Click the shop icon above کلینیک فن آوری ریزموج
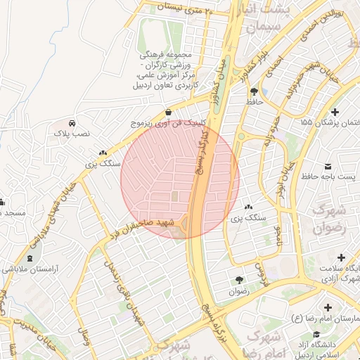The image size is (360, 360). [169, 112]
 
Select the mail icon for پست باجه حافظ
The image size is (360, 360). [328, 166]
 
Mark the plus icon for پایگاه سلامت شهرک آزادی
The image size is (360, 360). [341, 258]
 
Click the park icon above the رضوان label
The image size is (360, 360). [238, 280]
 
